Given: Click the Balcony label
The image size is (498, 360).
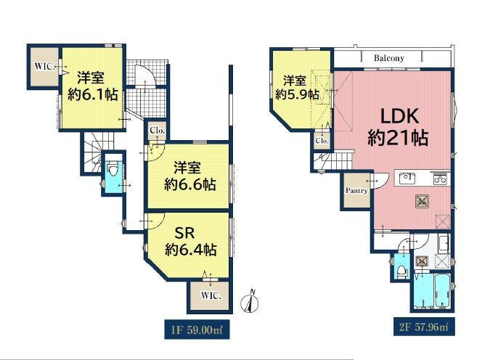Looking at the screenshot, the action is (x=389, y=58).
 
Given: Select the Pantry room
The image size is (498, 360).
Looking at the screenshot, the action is (x=357, y=190).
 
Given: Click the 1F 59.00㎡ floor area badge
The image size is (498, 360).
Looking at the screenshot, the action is (x=197, y=330).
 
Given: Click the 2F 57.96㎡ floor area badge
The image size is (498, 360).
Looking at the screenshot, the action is (x=424, y=327).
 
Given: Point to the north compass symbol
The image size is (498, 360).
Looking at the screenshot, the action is (x=250, y=302).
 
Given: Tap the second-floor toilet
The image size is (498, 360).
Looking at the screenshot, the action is (x=402, y=271).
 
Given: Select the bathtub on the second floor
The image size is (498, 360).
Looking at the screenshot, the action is (x=442, y=291).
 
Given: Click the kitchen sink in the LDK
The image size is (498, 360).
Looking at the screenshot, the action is (x=407, y=179).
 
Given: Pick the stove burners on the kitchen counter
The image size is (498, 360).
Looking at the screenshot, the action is (x=440, y=179).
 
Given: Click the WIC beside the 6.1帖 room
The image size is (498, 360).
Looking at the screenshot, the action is (x=44, y=67).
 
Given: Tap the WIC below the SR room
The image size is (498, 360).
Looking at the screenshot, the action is (x=211, y=296).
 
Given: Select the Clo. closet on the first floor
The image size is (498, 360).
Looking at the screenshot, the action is (x=158, y=131).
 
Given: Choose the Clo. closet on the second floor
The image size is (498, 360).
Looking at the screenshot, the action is (x=322, y=140).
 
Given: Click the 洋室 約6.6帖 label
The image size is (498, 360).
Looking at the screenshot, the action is (x=189, y=176).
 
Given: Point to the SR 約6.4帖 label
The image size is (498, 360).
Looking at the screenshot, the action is (x=190, y=242).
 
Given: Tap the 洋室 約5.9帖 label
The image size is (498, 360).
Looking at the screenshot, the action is (x=296, y=87).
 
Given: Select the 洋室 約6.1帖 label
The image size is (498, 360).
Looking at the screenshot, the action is (x=92, y=86).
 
